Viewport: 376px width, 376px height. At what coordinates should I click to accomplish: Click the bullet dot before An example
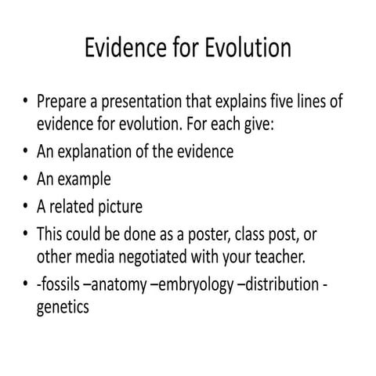[x=27, y=180]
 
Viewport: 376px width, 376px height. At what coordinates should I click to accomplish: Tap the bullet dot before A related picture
[x=27, y=208]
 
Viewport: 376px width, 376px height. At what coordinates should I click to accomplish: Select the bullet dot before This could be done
[x=27, y=235]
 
